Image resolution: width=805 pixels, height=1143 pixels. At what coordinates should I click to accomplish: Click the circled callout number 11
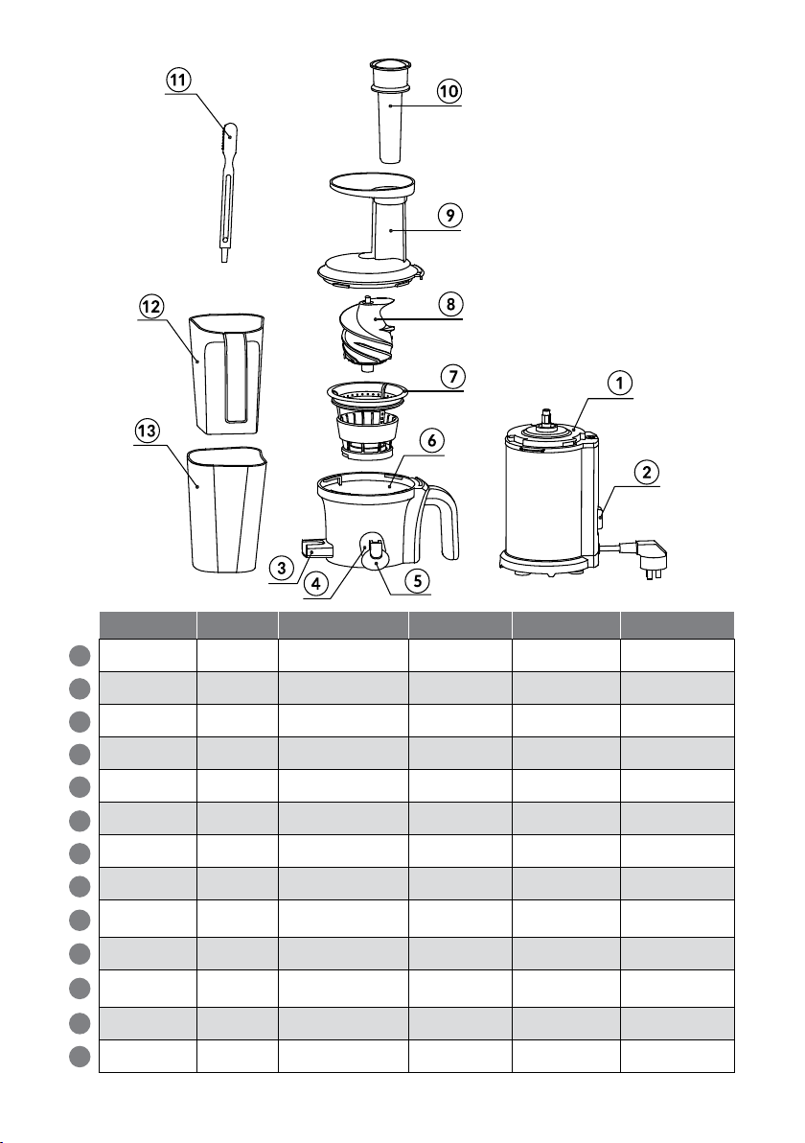[178, 80]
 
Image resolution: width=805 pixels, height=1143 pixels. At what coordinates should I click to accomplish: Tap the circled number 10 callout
[448, 91]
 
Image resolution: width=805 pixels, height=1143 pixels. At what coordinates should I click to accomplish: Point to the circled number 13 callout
[148, 431]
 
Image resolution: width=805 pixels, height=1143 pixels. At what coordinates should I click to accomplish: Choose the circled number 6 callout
[432, 440]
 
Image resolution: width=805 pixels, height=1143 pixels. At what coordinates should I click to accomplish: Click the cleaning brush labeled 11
[227, 192]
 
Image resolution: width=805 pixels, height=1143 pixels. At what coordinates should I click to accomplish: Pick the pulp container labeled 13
[227, 509]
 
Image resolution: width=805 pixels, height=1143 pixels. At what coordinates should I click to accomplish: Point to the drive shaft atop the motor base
[544, 418]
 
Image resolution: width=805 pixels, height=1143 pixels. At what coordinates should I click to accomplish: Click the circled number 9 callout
[449, 215]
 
